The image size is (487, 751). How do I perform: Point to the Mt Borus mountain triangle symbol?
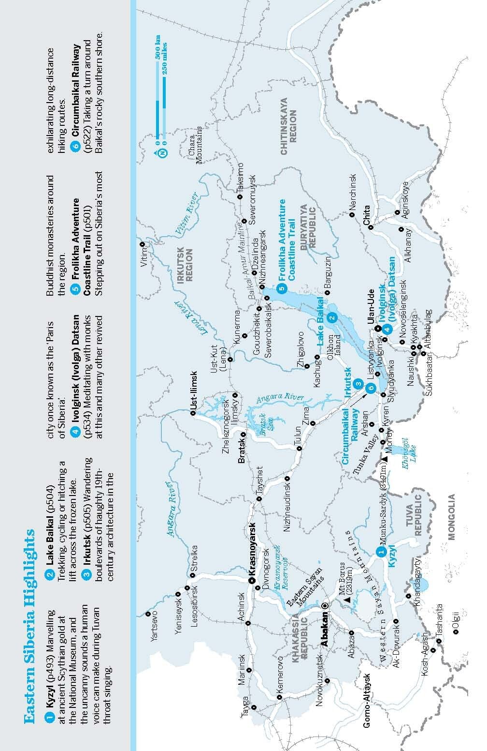347,600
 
